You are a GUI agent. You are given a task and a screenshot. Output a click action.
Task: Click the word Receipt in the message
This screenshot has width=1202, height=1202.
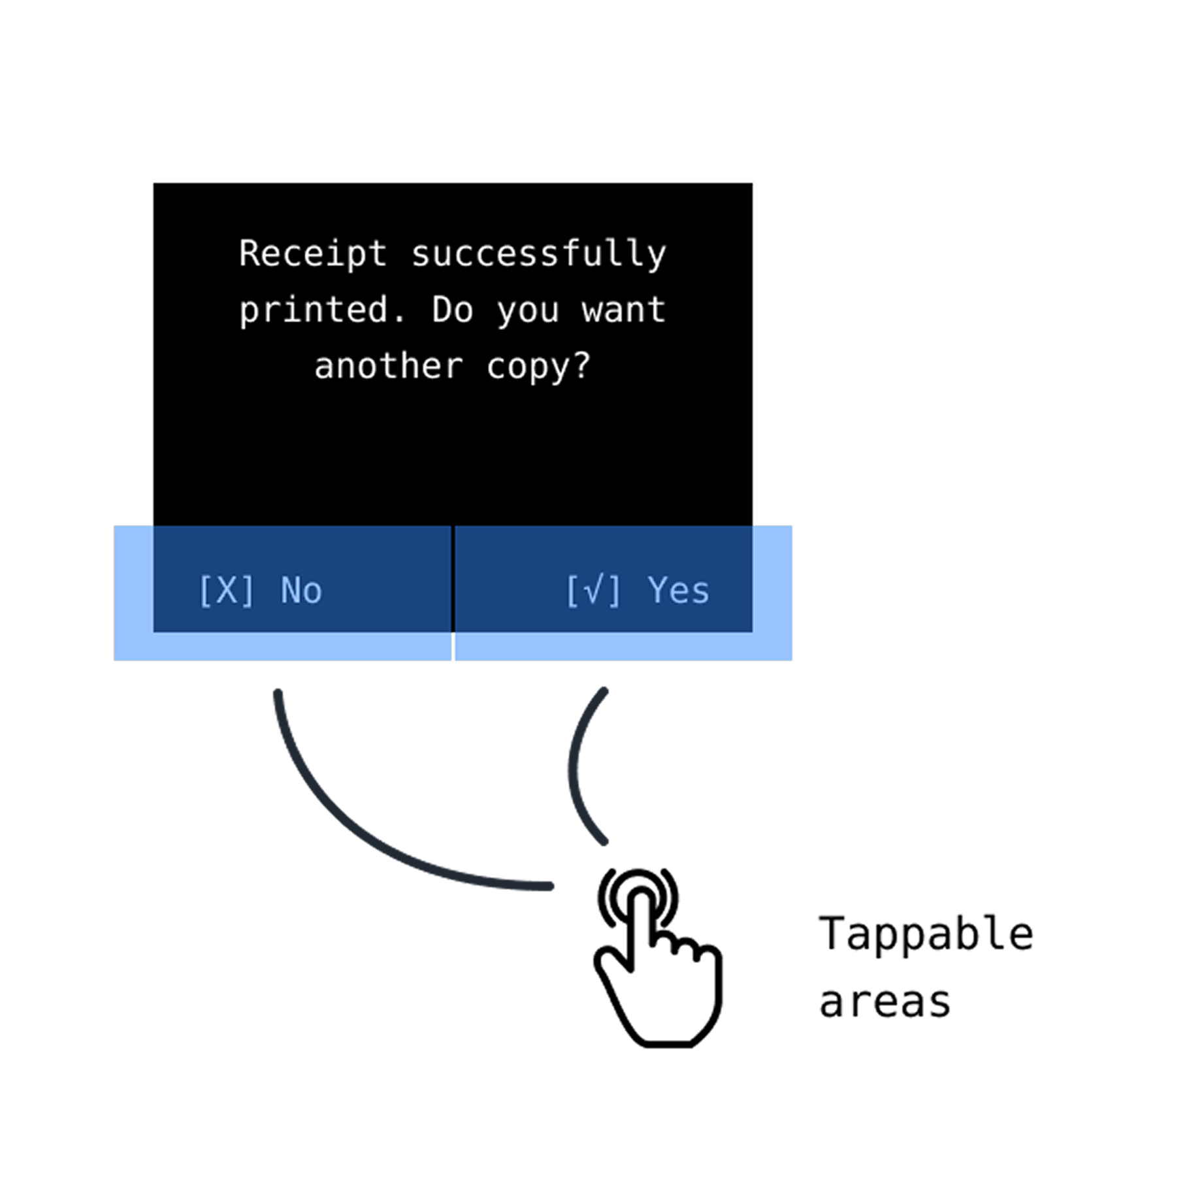click(313, 254)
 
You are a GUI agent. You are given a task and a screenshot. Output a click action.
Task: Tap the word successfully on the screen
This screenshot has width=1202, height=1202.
click(539, 254)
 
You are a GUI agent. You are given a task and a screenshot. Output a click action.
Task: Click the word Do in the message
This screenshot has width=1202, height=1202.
click(452, 310)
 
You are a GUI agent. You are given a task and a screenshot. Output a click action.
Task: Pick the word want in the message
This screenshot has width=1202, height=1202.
click(624, 310)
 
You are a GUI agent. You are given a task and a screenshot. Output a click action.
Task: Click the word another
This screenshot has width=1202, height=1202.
click(389, 366)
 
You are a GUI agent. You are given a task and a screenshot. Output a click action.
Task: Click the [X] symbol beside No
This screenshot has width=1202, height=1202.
click(226, 591)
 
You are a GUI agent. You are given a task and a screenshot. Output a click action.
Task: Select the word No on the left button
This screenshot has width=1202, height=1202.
click(301, 591)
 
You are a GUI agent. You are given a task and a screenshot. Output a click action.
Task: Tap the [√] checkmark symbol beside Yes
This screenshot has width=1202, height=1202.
click(593, 591)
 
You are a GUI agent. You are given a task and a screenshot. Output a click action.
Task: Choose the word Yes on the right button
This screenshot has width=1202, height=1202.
click(678, 591)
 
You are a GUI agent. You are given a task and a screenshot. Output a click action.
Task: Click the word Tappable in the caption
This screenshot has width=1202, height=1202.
click(926, 934)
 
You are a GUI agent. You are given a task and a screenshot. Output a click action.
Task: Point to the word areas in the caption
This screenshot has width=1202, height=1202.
click(885, 1003)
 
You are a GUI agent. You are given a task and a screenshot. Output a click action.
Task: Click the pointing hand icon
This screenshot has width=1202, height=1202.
click(660, 980)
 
